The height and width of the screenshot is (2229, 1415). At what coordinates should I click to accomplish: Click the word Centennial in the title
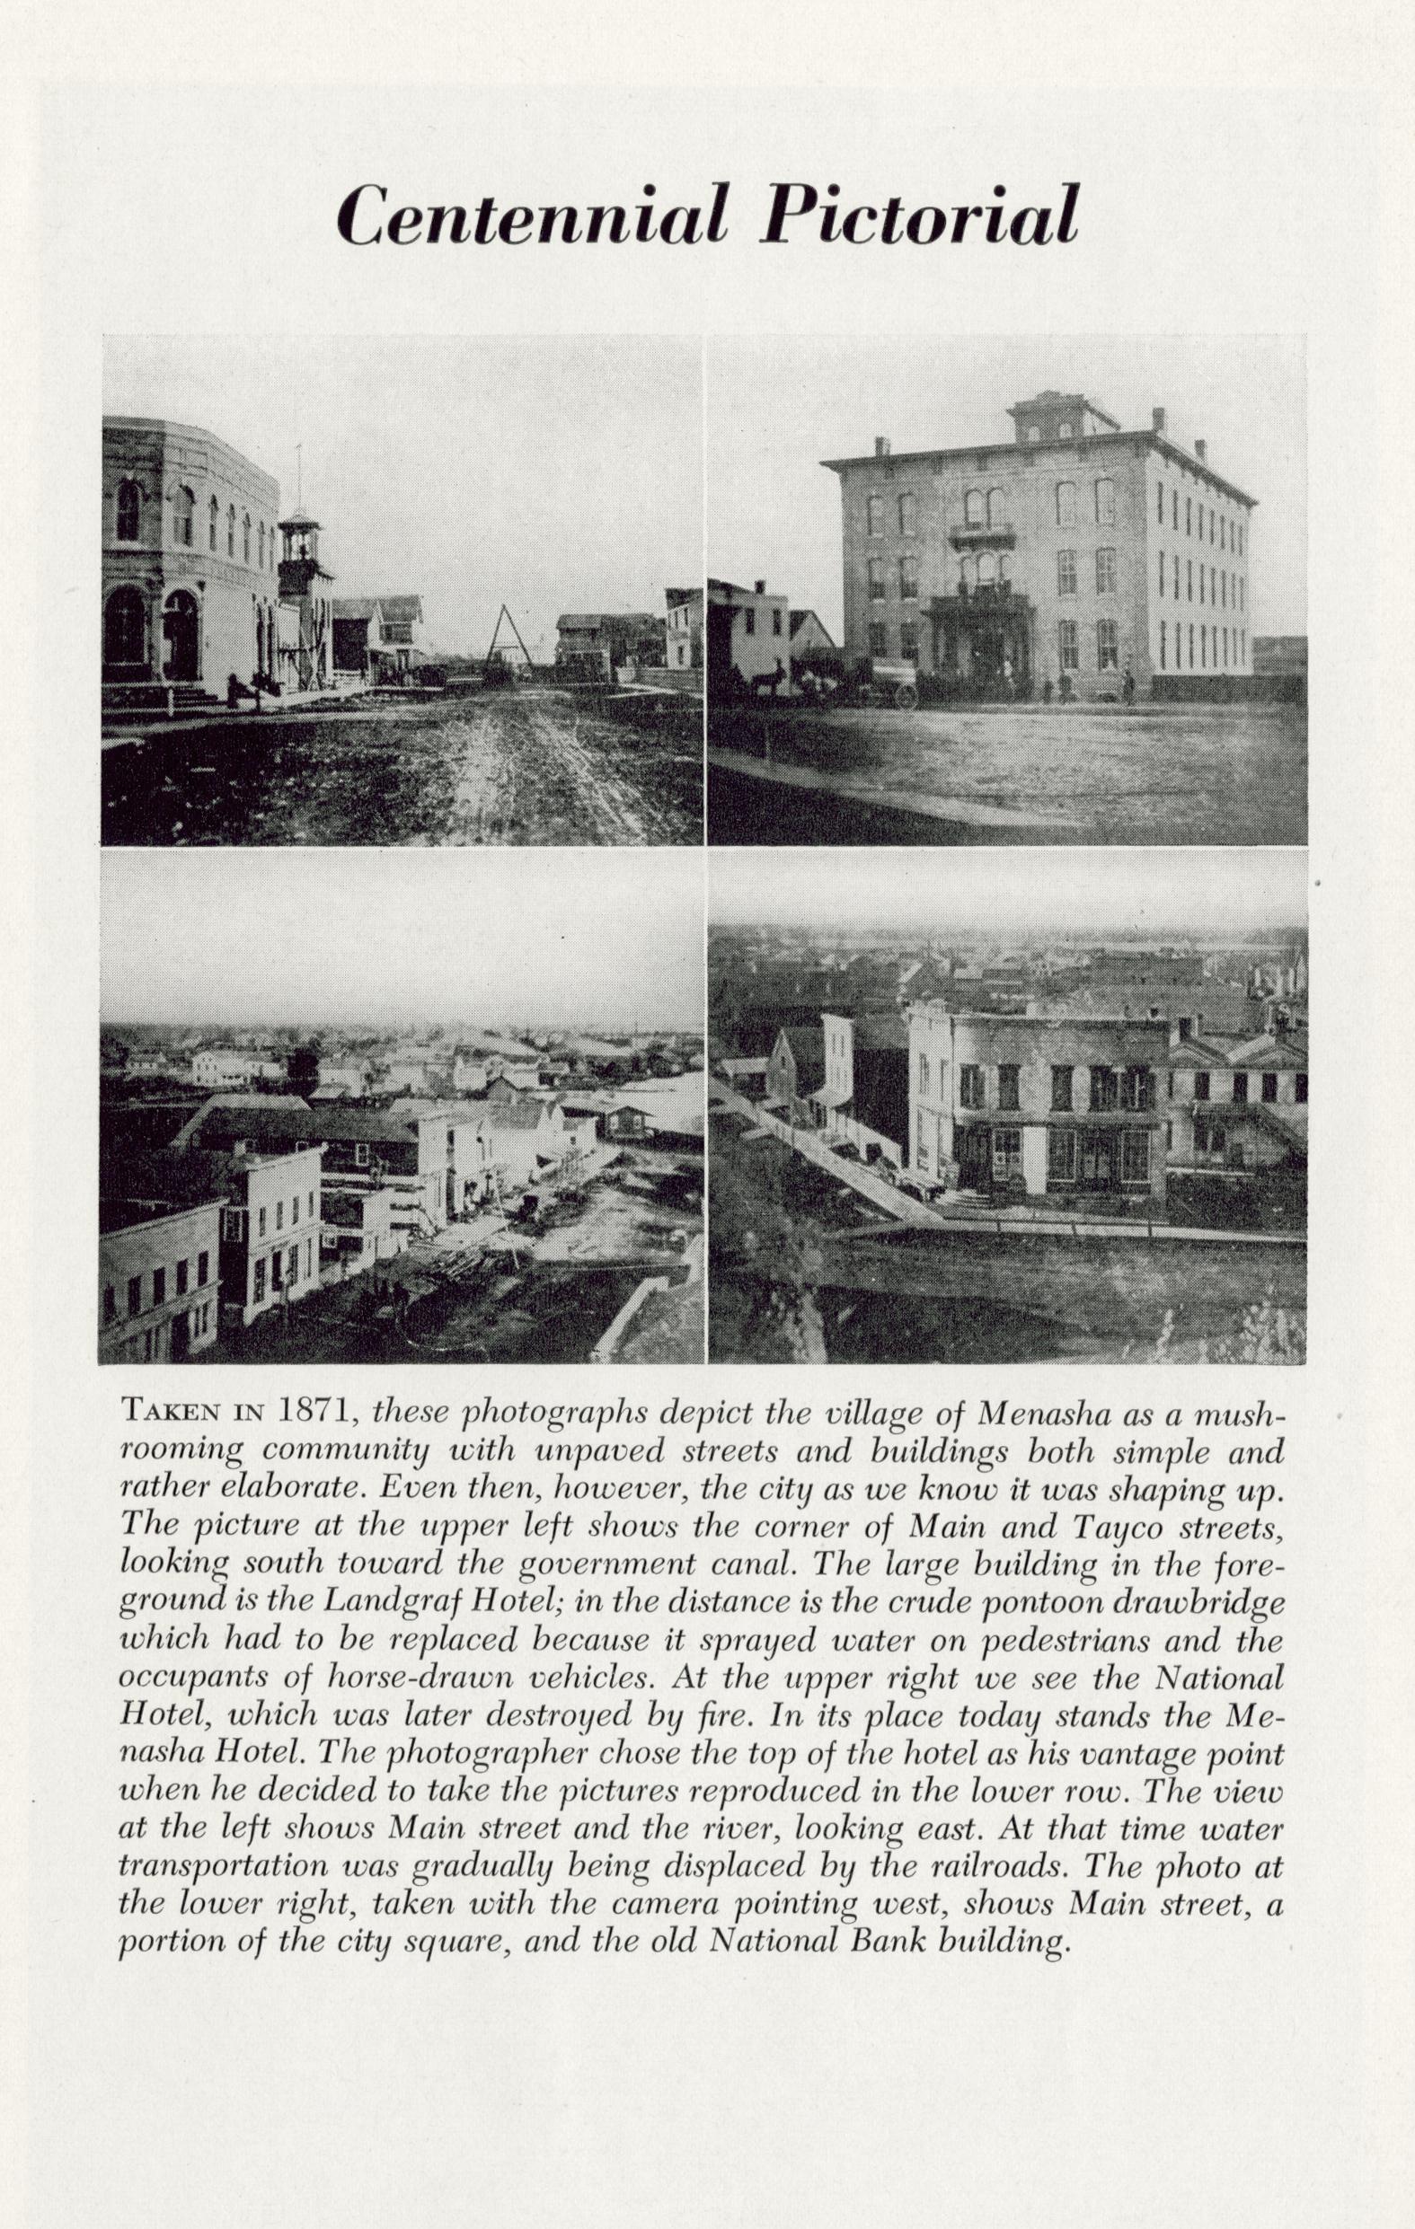(535, 215)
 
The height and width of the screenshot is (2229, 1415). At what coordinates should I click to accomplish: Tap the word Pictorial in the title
(919, 215)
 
